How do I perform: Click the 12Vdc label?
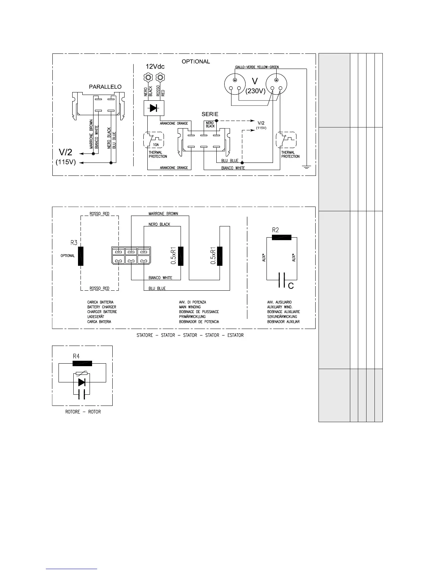(x=155, y=67)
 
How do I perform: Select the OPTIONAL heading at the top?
(x=195, y=61)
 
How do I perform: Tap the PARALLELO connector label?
(x=105, y=87)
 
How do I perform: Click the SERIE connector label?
(x=210, y=114)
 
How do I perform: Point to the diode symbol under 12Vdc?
(x=153, y=108)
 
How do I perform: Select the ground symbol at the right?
(x=306, y=167)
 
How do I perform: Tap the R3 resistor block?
(x=81, y=256)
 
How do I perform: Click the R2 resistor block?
(x=281, y=237)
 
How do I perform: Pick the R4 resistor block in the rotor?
(x=82, y=364)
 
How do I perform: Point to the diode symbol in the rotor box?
(x=82, y=382)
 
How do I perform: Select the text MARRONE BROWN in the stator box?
(x=163, y=214)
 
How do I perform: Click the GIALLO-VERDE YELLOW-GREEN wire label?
(x=257, y=67)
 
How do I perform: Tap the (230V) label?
(x=256, y=91)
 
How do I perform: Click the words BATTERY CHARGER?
(x=102, y=307)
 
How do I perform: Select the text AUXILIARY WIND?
(x=279, y=307)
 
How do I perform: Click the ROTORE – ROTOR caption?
(x=83, y=412)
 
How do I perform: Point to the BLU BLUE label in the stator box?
(x=157, y=289)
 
